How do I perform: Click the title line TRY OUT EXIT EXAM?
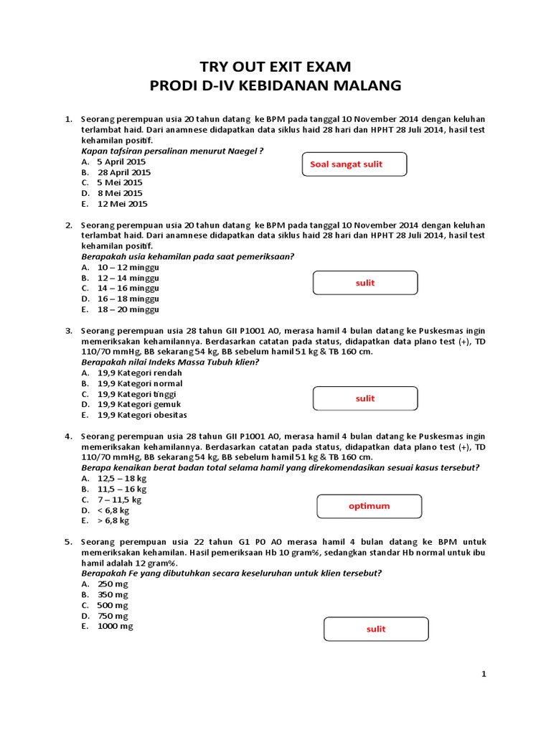[x=275, y=67]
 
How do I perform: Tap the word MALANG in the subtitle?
[x=364, y=86]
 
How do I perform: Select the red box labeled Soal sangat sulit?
[x=354, y=164]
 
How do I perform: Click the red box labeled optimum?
[x=369, y=506]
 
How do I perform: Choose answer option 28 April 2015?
[x=123, y=172]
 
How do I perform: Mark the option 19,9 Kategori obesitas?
[x=142, y=415]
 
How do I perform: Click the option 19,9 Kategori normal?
[x=140, y=383]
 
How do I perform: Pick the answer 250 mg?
[x=113, y=584]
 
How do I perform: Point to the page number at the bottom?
[x=484, y=674]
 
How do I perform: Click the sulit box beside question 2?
[x=365, y=283]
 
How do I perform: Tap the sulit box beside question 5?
[x=376, y=629]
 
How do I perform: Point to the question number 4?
[x=68, y=436]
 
